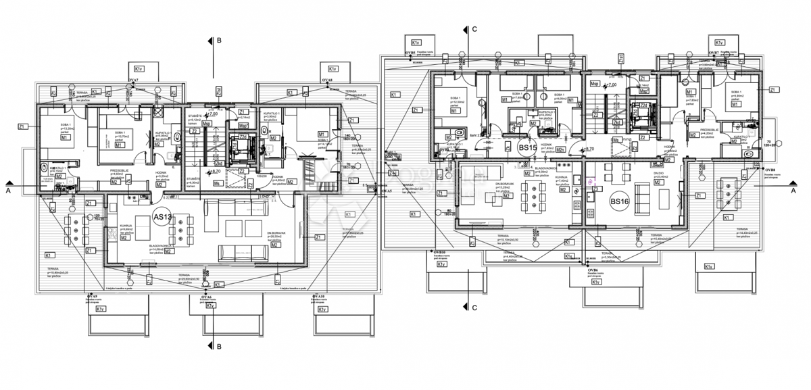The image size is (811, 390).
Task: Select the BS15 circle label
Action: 527,147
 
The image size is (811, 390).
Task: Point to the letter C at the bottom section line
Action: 474,309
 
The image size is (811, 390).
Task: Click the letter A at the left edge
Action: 7,191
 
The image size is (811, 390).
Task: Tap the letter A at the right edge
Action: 793,191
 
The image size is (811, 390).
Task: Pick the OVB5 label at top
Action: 410,52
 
